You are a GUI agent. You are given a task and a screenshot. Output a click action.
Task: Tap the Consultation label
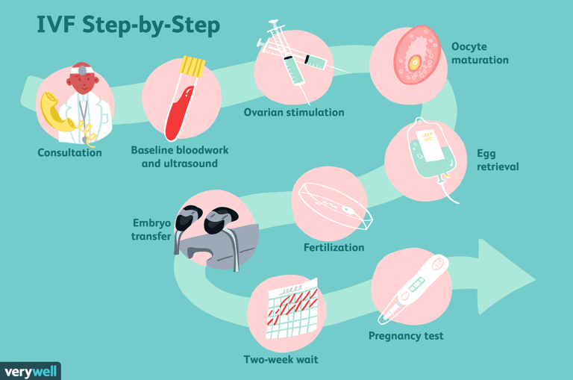69,153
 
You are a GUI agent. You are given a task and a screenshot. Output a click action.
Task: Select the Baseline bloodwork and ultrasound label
180,156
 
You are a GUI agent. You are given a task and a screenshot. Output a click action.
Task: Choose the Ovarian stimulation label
294,113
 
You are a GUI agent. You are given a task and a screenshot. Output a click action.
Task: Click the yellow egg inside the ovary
414,63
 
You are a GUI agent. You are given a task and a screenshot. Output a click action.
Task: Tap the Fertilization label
334,247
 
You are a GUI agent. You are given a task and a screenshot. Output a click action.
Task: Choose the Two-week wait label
281,360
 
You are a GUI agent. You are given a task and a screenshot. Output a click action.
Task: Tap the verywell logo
30,371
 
